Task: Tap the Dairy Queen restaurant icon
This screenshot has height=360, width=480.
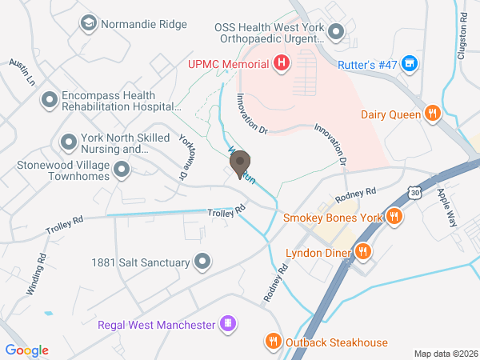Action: (x=432, y=114)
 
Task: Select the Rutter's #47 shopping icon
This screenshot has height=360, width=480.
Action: (x=409, y=62)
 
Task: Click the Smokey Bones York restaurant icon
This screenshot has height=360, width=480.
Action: (x=394, y=217)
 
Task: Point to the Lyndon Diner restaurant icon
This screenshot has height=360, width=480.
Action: (x=362, y=253)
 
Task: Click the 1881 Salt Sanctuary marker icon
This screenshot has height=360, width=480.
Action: (x=202, y=262)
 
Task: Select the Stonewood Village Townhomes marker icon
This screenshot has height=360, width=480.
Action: (x=122, y=169)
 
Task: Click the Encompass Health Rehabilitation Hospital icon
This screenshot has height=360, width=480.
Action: (x=50, y=100)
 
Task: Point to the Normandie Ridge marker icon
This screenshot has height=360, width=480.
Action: (x=87, y=24)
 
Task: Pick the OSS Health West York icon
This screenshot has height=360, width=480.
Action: (x=336, y=34)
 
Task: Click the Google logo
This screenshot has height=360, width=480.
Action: (x=26, y=350)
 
